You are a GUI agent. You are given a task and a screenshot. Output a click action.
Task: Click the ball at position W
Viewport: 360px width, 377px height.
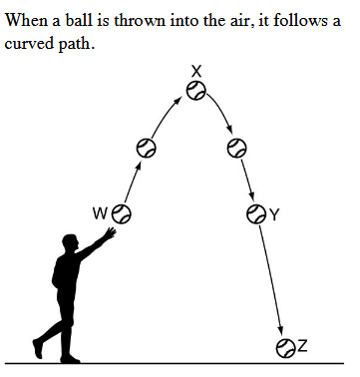tap(121, 213)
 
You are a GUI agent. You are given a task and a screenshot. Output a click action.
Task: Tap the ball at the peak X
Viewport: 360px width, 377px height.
tap(195, 90)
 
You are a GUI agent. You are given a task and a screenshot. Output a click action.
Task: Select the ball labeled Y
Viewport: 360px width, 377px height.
tap(256, 213)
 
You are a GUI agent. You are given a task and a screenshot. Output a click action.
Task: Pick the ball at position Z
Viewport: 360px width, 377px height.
tap(285, 348)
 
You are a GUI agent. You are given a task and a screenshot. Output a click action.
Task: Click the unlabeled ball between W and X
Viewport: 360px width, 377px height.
tap(146, 148)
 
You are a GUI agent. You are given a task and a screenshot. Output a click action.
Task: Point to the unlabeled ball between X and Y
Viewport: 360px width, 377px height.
tap(236, 148)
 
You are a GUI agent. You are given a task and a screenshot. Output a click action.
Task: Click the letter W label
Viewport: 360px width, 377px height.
tap(100, 213)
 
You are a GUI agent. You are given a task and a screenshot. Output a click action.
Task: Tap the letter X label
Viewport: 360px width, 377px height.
tap(196, 71)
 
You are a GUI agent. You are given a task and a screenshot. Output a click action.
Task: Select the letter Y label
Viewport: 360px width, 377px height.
tap(273, 215)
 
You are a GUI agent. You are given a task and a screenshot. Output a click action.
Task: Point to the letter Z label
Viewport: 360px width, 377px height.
tap(302, 346)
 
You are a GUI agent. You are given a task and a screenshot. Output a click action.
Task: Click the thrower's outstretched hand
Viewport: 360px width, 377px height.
tap(110, 233)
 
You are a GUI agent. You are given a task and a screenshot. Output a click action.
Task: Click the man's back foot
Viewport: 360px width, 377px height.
tap(38, 348)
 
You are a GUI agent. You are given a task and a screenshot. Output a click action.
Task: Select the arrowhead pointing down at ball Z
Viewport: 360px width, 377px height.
tap(281, 330)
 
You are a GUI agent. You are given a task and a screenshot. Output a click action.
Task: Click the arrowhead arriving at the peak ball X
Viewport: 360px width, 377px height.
tap(179, 100)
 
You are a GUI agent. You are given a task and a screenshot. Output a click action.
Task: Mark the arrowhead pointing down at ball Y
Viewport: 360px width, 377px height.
tap(252, 197)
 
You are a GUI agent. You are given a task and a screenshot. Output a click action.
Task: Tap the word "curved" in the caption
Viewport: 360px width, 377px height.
tap(28, 43)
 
